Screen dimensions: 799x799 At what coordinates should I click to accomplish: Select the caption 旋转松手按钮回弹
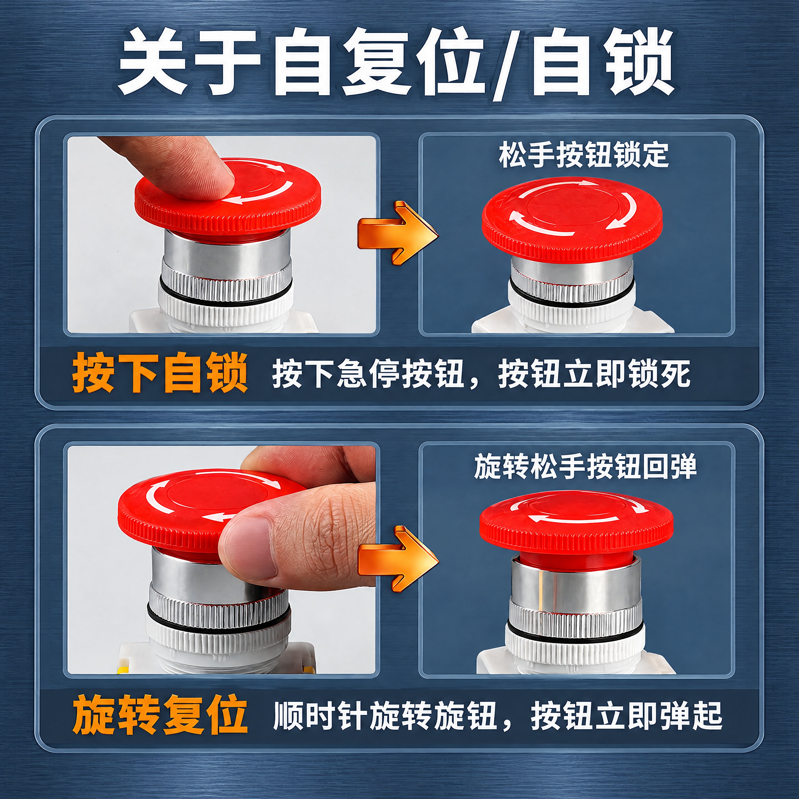(x=585, y=466)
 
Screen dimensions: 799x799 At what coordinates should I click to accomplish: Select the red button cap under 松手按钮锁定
(x=572, y=219)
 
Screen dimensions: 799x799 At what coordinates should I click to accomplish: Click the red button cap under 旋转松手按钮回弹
(x=576, y=522)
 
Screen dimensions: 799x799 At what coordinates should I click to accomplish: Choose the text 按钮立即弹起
(x=626, y=715)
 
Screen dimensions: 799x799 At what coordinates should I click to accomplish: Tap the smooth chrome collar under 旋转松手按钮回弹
(x=576, y=579)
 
